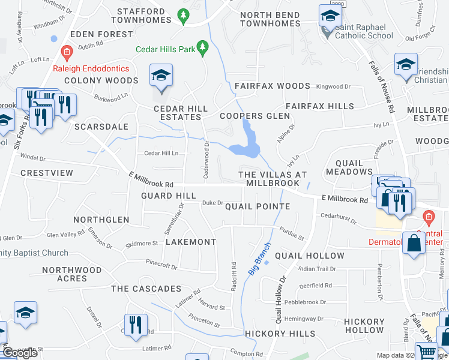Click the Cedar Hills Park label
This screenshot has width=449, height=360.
tap(165, 49)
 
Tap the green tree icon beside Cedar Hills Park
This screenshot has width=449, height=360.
tap(203, 47)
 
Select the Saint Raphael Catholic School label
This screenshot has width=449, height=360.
tap(364, 35)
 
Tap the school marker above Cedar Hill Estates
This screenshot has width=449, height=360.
tap(161, 76)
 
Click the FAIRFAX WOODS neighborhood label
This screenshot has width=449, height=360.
tap(272, 86)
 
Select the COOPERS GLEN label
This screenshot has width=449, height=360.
tap(250, 116)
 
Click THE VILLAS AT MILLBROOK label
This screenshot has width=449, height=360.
tap(273, 178)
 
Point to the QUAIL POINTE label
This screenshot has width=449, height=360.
tap(258, 206)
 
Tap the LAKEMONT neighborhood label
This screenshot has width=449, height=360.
tap(190, 242)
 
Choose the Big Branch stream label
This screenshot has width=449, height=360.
tap(259, 259)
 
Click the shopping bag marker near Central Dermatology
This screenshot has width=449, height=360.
tap(414, 244)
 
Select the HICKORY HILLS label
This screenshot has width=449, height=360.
tap(280, 334)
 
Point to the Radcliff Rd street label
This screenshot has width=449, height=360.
tap(233, 276)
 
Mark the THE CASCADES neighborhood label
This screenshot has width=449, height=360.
tap(146, 289)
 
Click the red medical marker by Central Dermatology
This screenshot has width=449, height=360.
tap(429, 216)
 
